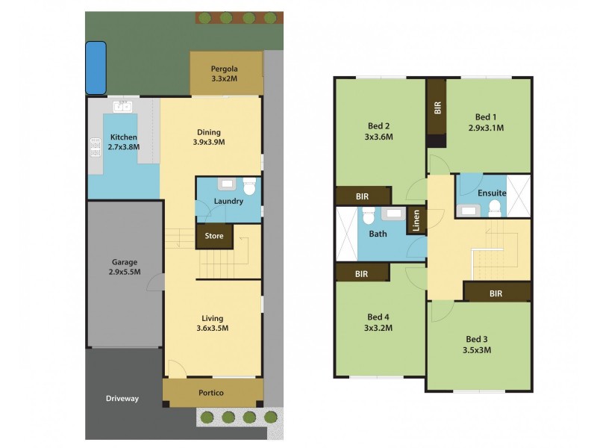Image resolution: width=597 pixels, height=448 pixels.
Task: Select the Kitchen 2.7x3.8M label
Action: pos(124,143)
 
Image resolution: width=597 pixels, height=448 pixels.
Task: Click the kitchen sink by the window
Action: pos(123,106)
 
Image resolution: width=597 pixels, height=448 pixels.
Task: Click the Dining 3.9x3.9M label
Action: pos(210,137)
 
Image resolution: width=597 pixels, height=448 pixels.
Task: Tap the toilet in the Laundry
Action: pos(250,185)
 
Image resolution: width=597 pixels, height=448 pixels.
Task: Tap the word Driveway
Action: pos(122,399)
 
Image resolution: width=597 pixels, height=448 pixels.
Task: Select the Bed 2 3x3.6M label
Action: pos(379,131)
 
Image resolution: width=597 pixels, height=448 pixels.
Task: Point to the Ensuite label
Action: pos(493,193)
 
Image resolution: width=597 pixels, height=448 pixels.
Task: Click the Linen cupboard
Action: pos(416,220)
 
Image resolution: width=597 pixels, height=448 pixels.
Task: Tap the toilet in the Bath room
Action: pos(367,217)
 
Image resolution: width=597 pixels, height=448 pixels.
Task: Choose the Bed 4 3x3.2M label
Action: pos(379,322)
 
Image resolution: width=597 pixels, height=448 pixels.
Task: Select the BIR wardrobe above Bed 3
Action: pos(496,293)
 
